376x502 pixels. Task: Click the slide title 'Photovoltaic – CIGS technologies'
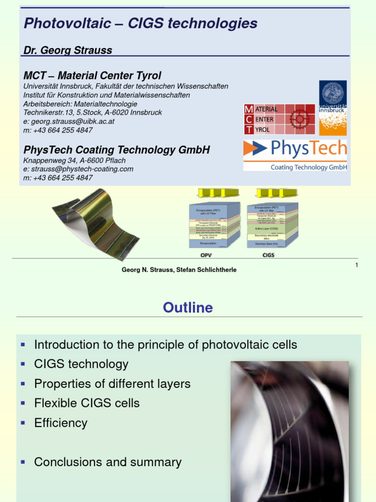tap(140, 23)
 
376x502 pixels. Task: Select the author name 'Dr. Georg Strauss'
tap(68, 50)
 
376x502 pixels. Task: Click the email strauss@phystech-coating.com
tap(78, 169)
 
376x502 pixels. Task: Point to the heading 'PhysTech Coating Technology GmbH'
tap(117, 150)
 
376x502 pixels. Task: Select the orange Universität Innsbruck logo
tap(333, 108)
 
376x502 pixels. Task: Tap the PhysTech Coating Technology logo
tap(295, 155)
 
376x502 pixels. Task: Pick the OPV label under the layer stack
tap(207, 255)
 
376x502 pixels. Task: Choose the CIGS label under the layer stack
tap(268, 255)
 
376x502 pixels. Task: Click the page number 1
tap(356, 265)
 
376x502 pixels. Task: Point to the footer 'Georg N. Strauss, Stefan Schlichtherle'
tap(179, 270)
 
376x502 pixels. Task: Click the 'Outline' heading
tap(188, 307)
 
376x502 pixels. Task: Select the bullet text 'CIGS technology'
tap(81, 364)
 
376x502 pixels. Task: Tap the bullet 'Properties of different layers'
tap(112, 383)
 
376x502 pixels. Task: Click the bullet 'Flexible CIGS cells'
tap(87, 403)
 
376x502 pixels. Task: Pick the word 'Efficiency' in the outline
tap(61, 423)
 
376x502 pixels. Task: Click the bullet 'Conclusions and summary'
tap(108, 462)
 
